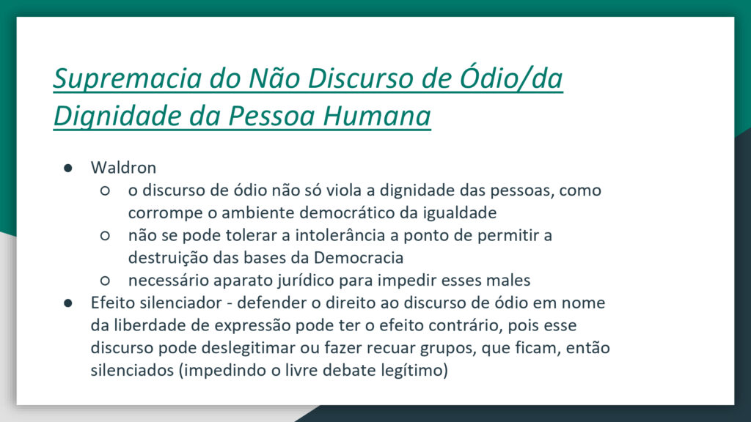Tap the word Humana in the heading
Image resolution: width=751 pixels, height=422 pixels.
click(377, 115)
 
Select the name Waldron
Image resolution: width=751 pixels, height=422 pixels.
click(123, 168)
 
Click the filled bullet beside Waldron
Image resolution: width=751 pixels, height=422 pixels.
click(68, 168)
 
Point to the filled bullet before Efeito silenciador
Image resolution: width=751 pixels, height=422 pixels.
click(68, 303)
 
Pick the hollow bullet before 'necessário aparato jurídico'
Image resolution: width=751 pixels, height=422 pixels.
click(105, 281)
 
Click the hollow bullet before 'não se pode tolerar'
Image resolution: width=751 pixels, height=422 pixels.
click(105, 235)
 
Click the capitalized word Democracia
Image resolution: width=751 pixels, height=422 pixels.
click(358, 258)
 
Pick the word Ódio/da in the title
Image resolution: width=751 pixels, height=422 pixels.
click(510, 78)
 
